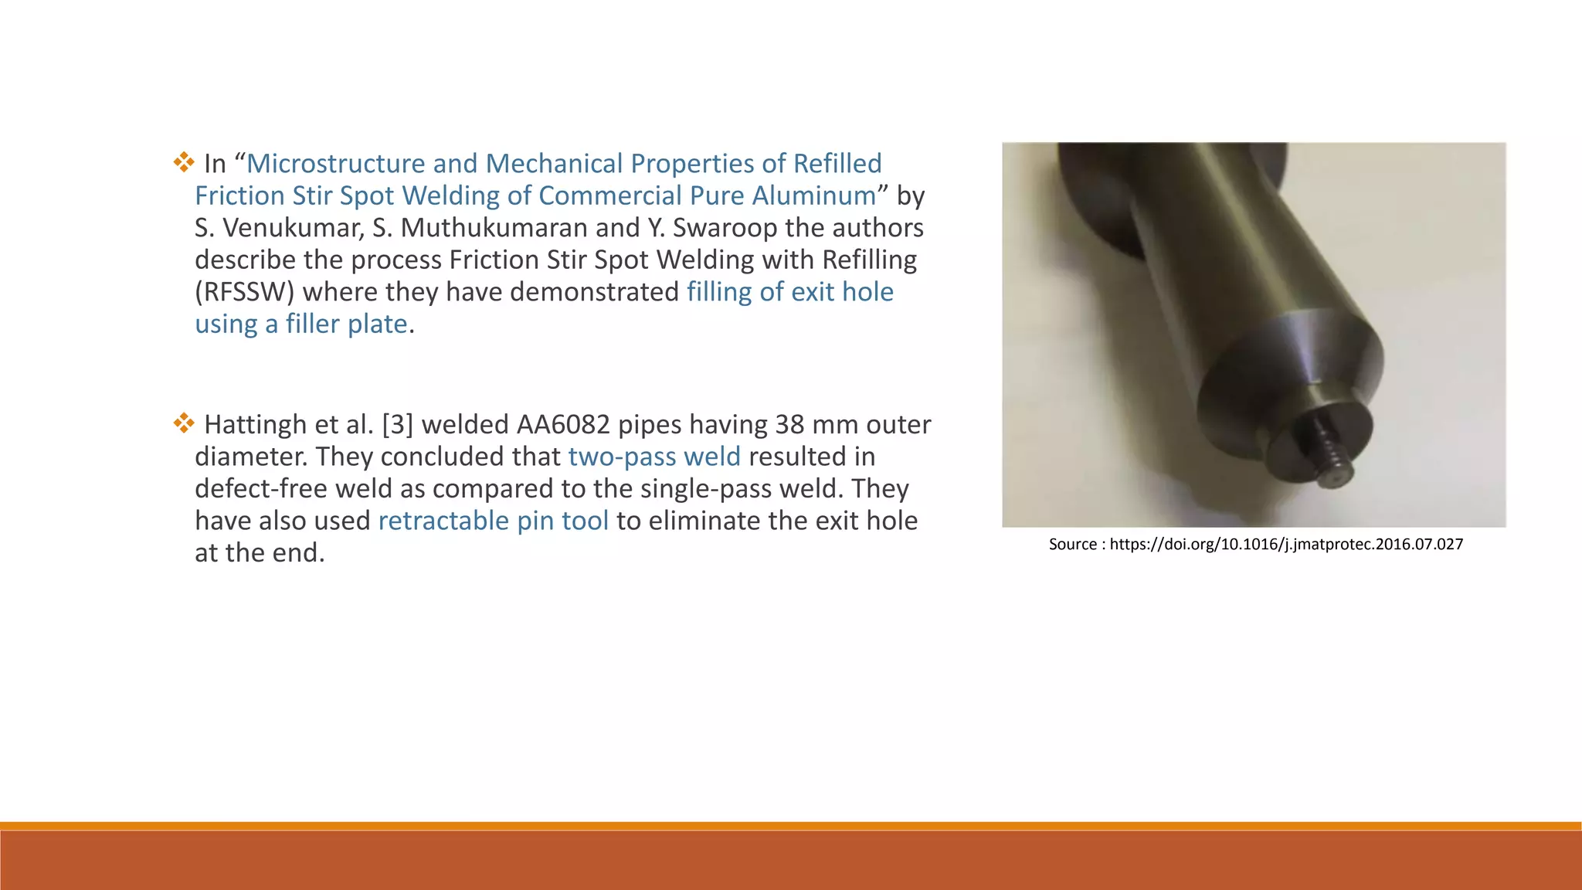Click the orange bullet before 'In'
click(184, 163)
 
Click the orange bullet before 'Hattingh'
click(184, 423)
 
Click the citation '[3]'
click(397, 425)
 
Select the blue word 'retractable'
click(443, 521)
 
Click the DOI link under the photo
click(1286, 544)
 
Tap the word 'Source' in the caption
click(1072, 544)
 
